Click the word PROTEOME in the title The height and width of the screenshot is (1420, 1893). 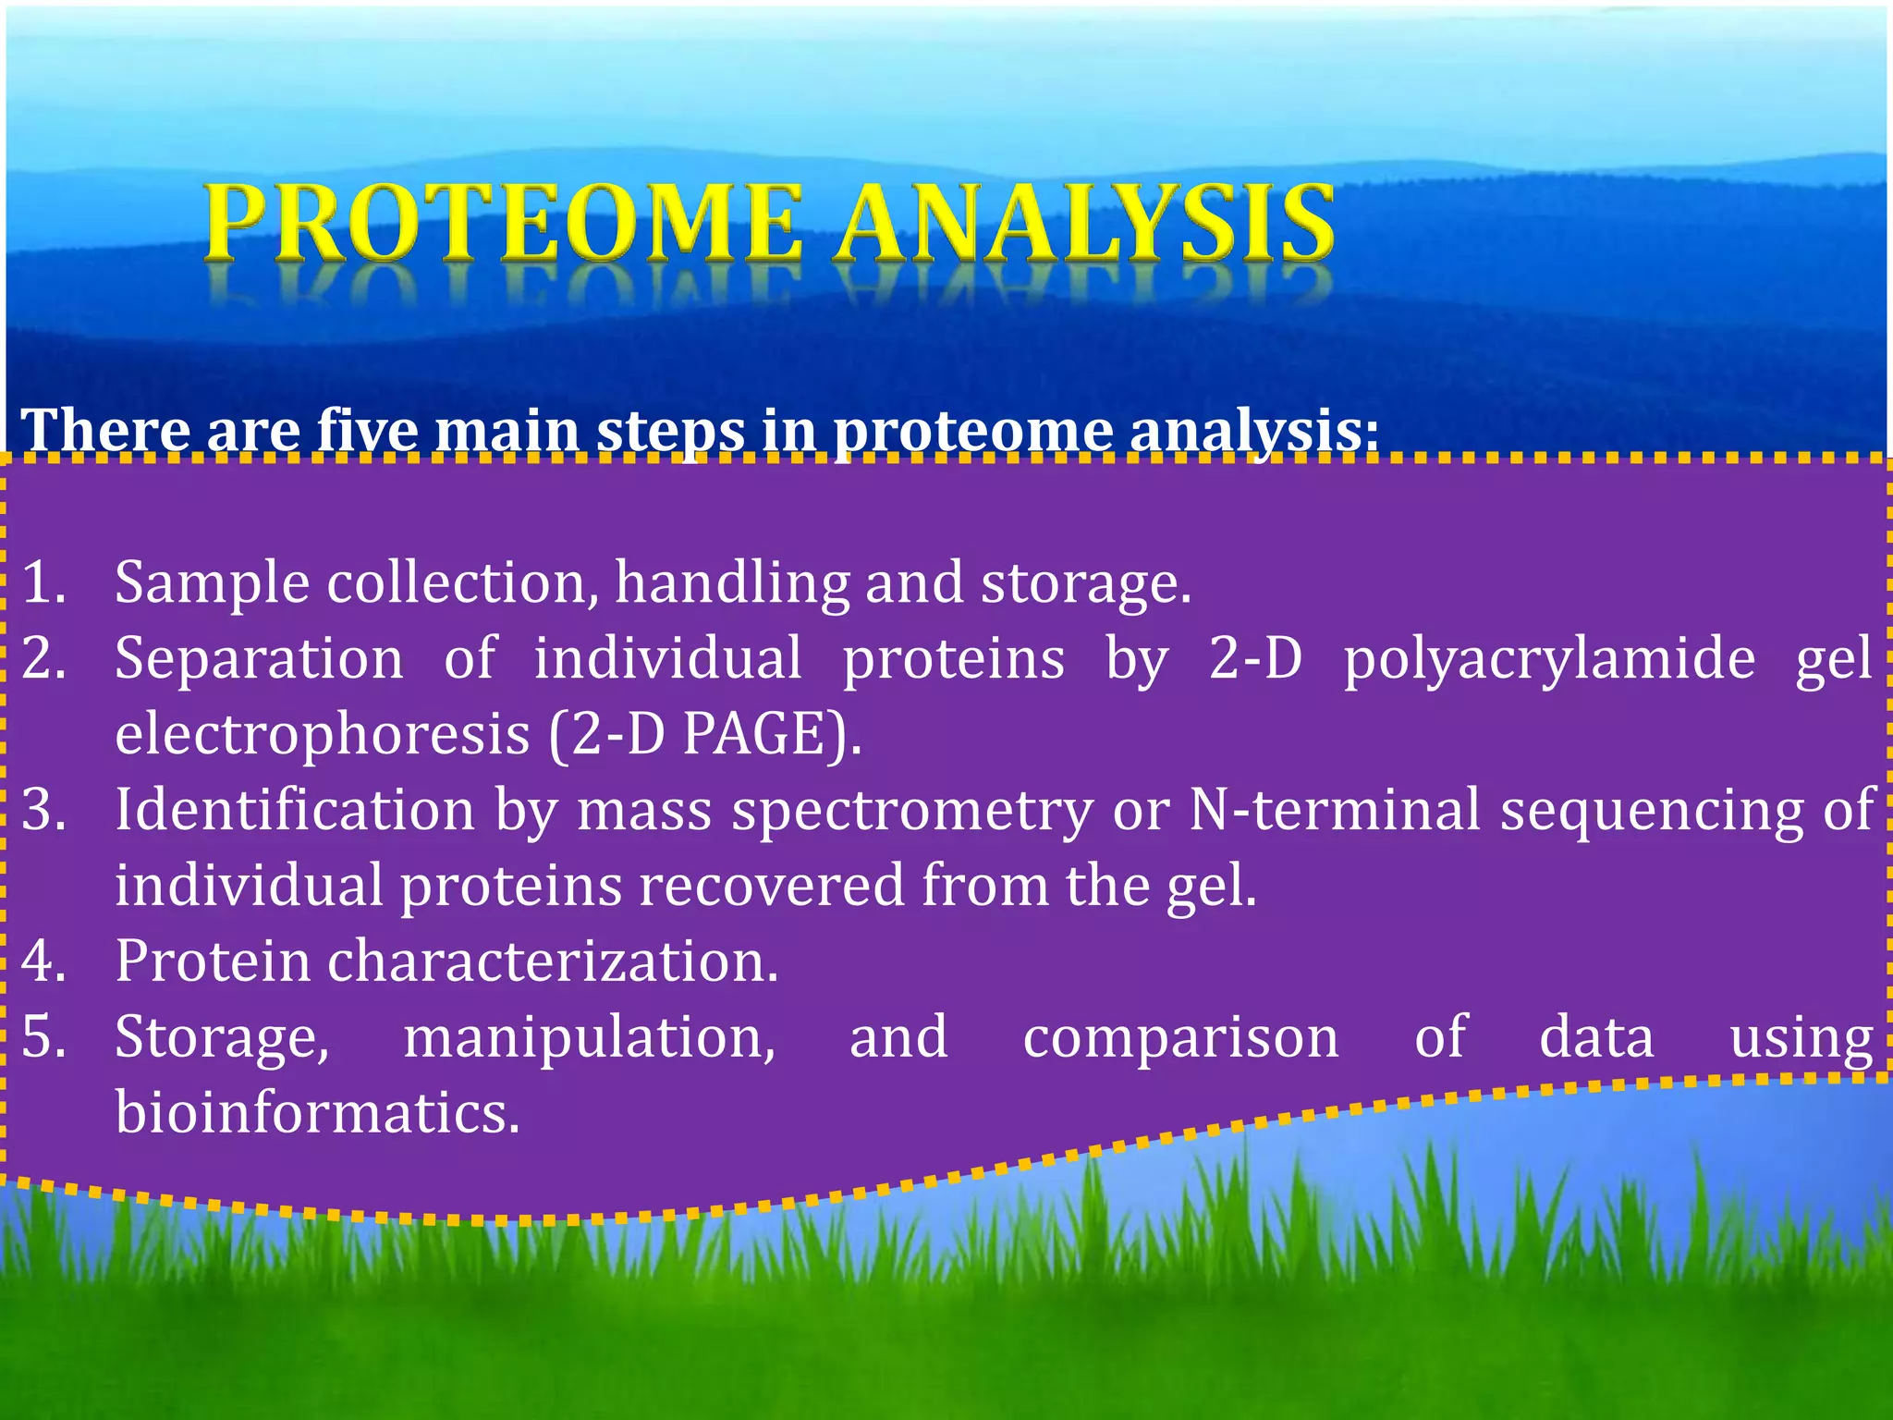coord(504,222)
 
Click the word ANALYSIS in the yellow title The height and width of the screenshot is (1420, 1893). coord(1083,222)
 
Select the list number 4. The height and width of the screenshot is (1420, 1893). coord(43,961)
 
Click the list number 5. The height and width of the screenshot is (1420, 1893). coord(43,1037)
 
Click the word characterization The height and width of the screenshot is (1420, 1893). coord(552,961)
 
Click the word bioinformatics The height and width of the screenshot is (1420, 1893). coord(317,1113)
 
